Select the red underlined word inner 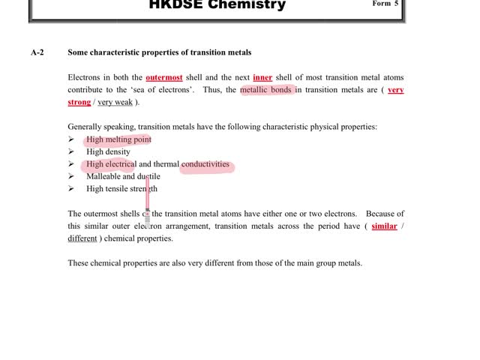[262, 77]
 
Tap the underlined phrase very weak [115, 102]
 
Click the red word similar [384, 226]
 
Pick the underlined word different [82, 238]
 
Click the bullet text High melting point [118, 139]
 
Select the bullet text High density [108, 151]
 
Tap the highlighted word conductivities [205, 164]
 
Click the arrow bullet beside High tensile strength [70, 189]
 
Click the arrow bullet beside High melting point [70, 139]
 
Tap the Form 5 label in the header [385, 4]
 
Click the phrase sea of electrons [163, 90]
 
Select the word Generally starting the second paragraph [85, 127]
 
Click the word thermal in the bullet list [166, 164]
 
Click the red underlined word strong [79, 102]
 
